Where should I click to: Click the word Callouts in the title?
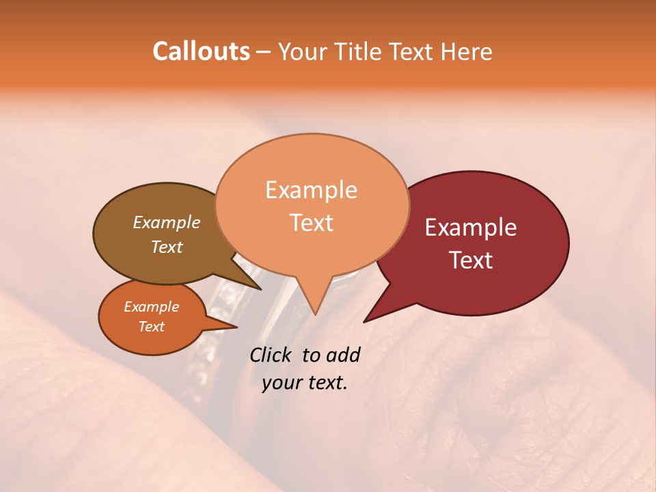[201, 51]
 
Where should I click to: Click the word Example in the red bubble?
[471, 228]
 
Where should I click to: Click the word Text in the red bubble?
[471, 260]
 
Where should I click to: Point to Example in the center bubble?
[311, 190]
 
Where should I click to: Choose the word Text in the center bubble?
[312, 223]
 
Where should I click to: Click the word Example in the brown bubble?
[167, 223]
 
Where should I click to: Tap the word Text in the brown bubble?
[167, 247]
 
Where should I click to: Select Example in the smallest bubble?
[151, 307]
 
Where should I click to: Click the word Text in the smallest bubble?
[151, 327]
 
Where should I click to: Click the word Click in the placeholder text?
[273, 355]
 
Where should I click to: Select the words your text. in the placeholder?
[304, 383]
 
